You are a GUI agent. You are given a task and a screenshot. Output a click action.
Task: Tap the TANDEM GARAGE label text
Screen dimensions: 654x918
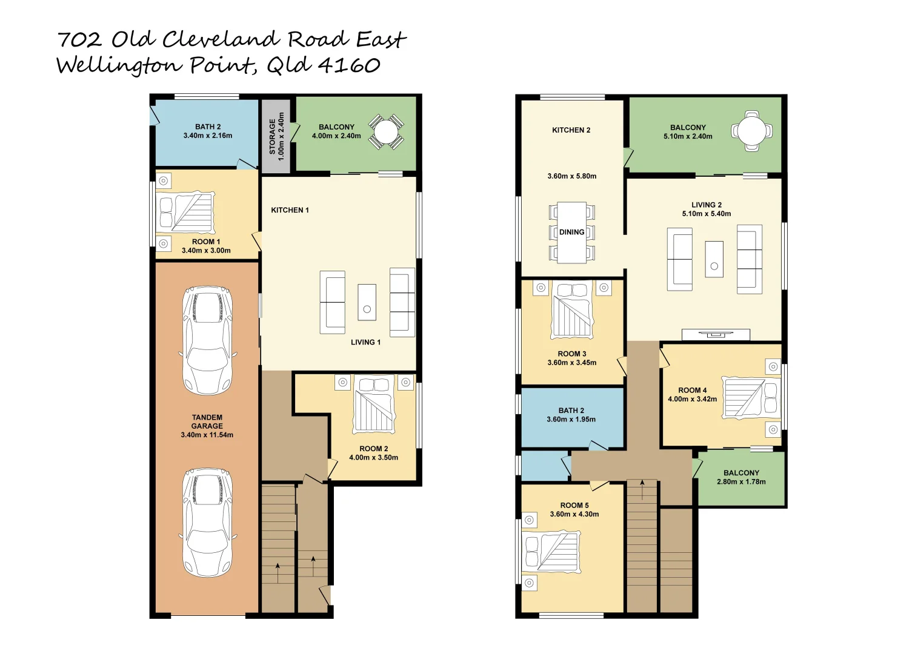[x=207, y=422]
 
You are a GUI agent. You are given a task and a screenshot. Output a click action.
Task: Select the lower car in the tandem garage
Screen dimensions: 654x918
[x=207, y=523]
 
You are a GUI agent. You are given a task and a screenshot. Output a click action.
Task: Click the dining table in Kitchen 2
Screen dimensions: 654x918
[x=571, y=233]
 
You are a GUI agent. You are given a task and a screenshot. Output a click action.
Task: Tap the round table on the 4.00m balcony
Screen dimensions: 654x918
[x=385, y=131]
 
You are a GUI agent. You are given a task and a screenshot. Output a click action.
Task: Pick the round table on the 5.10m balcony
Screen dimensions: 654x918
[x=751, y=130]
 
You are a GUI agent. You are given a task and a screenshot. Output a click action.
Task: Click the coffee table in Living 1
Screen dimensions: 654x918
[x=367, y=302]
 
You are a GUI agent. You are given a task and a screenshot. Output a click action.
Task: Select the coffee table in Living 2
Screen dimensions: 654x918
[x=714, y=259]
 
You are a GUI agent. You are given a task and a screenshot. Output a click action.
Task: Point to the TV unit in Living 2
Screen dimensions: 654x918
[x=716, y=334]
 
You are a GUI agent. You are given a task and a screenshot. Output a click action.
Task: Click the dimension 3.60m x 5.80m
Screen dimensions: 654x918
[x=571, y=176]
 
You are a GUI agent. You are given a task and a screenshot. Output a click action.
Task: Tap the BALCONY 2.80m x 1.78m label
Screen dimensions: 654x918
[x=741, y=477]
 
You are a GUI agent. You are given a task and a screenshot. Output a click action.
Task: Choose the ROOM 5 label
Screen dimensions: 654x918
[x=574, y=505]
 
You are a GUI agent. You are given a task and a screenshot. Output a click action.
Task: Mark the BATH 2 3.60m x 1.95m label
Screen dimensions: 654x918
[x=571, y=415]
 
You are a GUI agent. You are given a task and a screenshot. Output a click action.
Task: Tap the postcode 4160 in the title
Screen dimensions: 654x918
[x=349, y=65]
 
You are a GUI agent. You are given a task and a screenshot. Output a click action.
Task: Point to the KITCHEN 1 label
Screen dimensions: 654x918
[x=290, y=210]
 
